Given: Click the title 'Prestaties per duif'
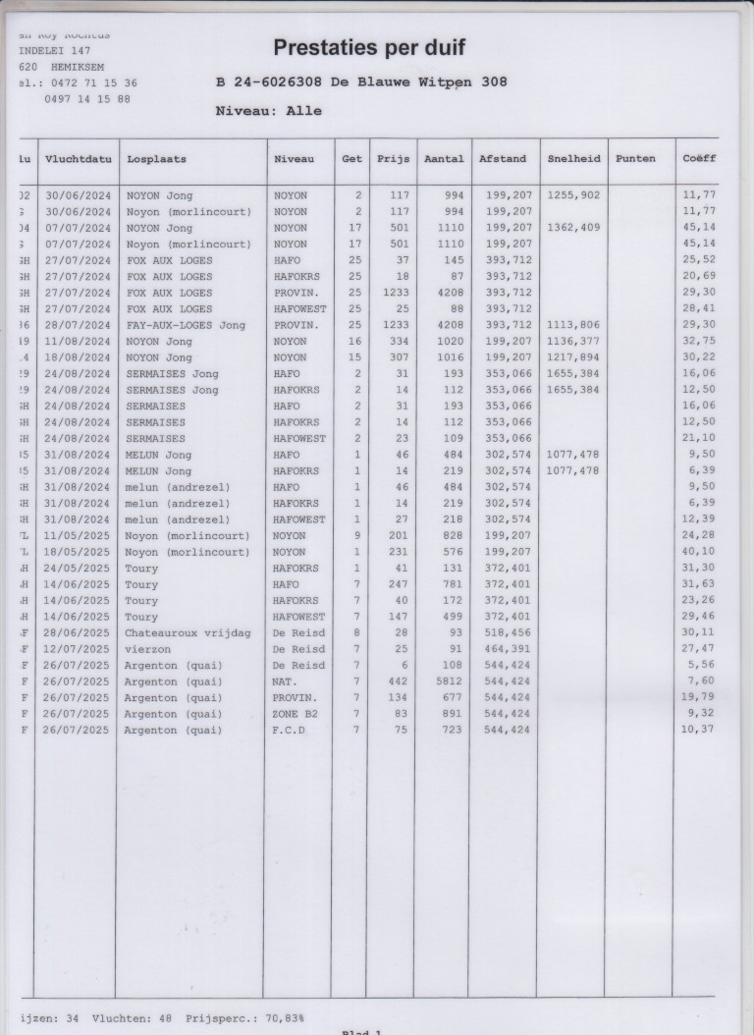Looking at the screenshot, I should pyautogui.click(x=369, y=47).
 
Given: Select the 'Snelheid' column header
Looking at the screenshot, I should pyautogui.click(x=574, y=158).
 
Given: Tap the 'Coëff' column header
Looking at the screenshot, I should pyautogui.click(x=699, y=158).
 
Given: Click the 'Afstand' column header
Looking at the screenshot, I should pyautogui.click(x=503, y=158).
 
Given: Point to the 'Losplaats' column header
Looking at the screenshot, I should pyautogui.click(x=157, y=158).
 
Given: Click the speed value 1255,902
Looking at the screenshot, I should pyautogui.click(x=573, y=195).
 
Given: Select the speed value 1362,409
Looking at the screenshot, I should pyautogui.click(x=573, y=228).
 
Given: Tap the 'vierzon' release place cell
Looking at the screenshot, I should pyautogui.click(x=146, y=649).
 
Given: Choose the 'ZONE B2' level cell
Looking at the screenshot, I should pyautogui.click(x=296, y=714).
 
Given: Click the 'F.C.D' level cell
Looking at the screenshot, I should pyautogui.click(x=290, y=731).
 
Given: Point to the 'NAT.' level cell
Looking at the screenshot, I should pyautogui.click(x=286, y=681).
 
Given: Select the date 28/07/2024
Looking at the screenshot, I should pyautogui.click(x=78, y=325).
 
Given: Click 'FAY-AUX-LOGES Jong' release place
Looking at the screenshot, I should pyautogui.click(x=186, y=325).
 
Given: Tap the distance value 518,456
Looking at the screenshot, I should pyautogui.click(x=509, y=632).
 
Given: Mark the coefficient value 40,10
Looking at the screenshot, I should pyautogui.click(x=699, y=552).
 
